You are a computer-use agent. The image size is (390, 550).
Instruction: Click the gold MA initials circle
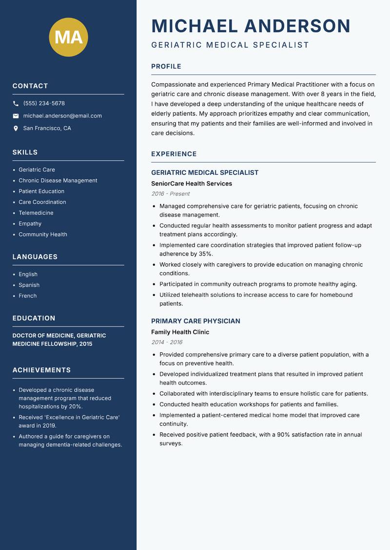coord(68,37)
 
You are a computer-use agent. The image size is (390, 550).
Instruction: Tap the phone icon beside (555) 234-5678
coord(16,104)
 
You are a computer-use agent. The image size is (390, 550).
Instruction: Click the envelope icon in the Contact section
coord(16,116)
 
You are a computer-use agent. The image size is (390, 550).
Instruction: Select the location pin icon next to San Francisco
coord(16,128)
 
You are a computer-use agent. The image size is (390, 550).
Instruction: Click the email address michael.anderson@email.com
coord(62,116)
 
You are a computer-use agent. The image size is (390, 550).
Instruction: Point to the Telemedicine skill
coord(36,213)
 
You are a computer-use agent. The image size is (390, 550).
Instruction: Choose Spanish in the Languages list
coord(29,285)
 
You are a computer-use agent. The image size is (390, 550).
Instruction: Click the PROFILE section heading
coord(166,67)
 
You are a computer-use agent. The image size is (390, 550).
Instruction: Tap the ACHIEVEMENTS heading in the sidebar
coord(41,370)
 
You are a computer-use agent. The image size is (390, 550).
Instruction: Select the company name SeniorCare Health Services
coord(192,183)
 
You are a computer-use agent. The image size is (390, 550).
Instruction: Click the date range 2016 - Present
coord(171,194)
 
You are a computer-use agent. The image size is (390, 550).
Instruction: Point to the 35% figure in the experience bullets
coord(205,254)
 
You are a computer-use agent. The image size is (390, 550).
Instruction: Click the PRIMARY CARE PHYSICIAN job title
coord(195,321)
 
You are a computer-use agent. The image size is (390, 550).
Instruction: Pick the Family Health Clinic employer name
coord(180,332)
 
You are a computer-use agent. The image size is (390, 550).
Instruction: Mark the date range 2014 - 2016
coord(167,342)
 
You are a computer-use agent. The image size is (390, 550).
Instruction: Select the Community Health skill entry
coord(43,234)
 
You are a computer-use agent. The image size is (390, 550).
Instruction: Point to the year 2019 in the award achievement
coord(49,425)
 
